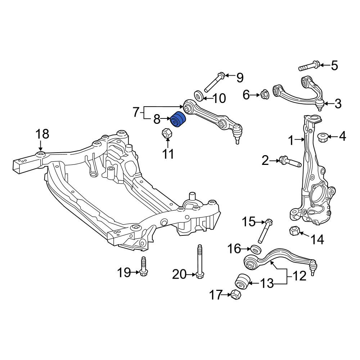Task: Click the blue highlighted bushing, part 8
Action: pos(179,119)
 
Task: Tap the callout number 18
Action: pos(42,134)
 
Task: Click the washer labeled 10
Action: pos(198,96)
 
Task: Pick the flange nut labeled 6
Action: pos(264,94)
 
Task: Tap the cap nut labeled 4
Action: pos(322,137)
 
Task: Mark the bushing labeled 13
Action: pos(242,282)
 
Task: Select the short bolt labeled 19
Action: pos(144,266)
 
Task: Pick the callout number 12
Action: pos(300,276)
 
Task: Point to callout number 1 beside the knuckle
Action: pos(291,140)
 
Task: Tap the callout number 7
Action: pos(136,112)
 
